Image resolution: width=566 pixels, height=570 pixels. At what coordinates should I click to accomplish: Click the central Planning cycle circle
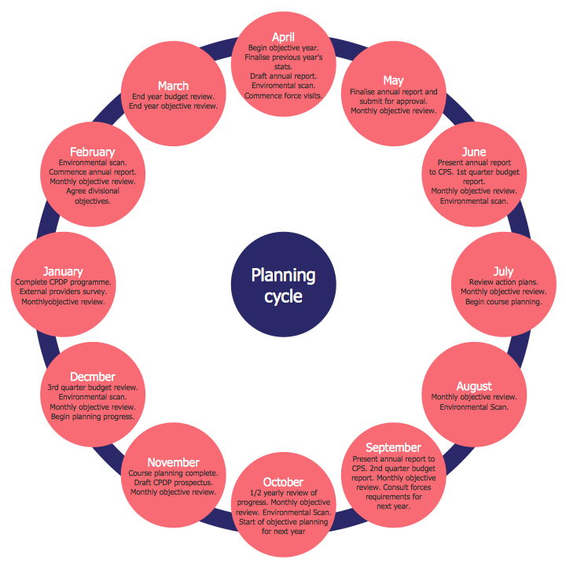283,285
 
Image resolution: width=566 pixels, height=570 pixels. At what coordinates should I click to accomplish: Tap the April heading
283,37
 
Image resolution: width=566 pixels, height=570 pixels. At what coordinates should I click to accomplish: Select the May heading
393,80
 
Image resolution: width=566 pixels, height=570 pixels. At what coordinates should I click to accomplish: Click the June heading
474,152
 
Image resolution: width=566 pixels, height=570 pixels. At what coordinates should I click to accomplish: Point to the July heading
503,271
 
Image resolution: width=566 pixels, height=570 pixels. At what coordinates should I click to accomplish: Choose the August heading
474,386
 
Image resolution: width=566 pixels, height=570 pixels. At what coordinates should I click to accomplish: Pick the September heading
394,447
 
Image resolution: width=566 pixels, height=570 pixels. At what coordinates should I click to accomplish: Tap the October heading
283,482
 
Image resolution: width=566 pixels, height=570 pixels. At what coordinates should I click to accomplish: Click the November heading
173,462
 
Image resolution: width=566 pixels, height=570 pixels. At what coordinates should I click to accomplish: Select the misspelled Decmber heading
93,377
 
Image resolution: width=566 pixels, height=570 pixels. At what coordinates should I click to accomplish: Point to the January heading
63,272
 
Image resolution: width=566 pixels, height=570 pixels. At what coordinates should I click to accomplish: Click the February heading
92,152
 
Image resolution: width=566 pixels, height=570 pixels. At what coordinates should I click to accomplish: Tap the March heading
173,86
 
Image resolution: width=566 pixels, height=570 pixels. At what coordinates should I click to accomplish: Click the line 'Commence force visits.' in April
283,96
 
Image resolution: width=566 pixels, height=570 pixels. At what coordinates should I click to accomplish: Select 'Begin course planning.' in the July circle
503,302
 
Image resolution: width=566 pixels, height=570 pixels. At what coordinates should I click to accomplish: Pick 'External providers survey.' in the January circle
63,292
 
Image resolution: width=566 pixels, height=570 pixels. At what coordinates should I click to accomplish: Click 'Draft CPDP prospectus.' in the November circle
173,482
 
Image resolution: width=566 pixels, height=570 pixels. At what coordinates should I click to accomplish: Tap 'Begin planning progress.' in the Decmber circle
93,417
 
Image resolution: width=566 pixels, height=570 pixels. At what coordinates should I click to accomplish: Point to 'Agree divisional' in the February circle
93,191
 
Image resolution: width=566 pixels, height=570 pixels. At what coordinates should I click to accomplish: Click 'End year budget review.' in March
173,96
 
